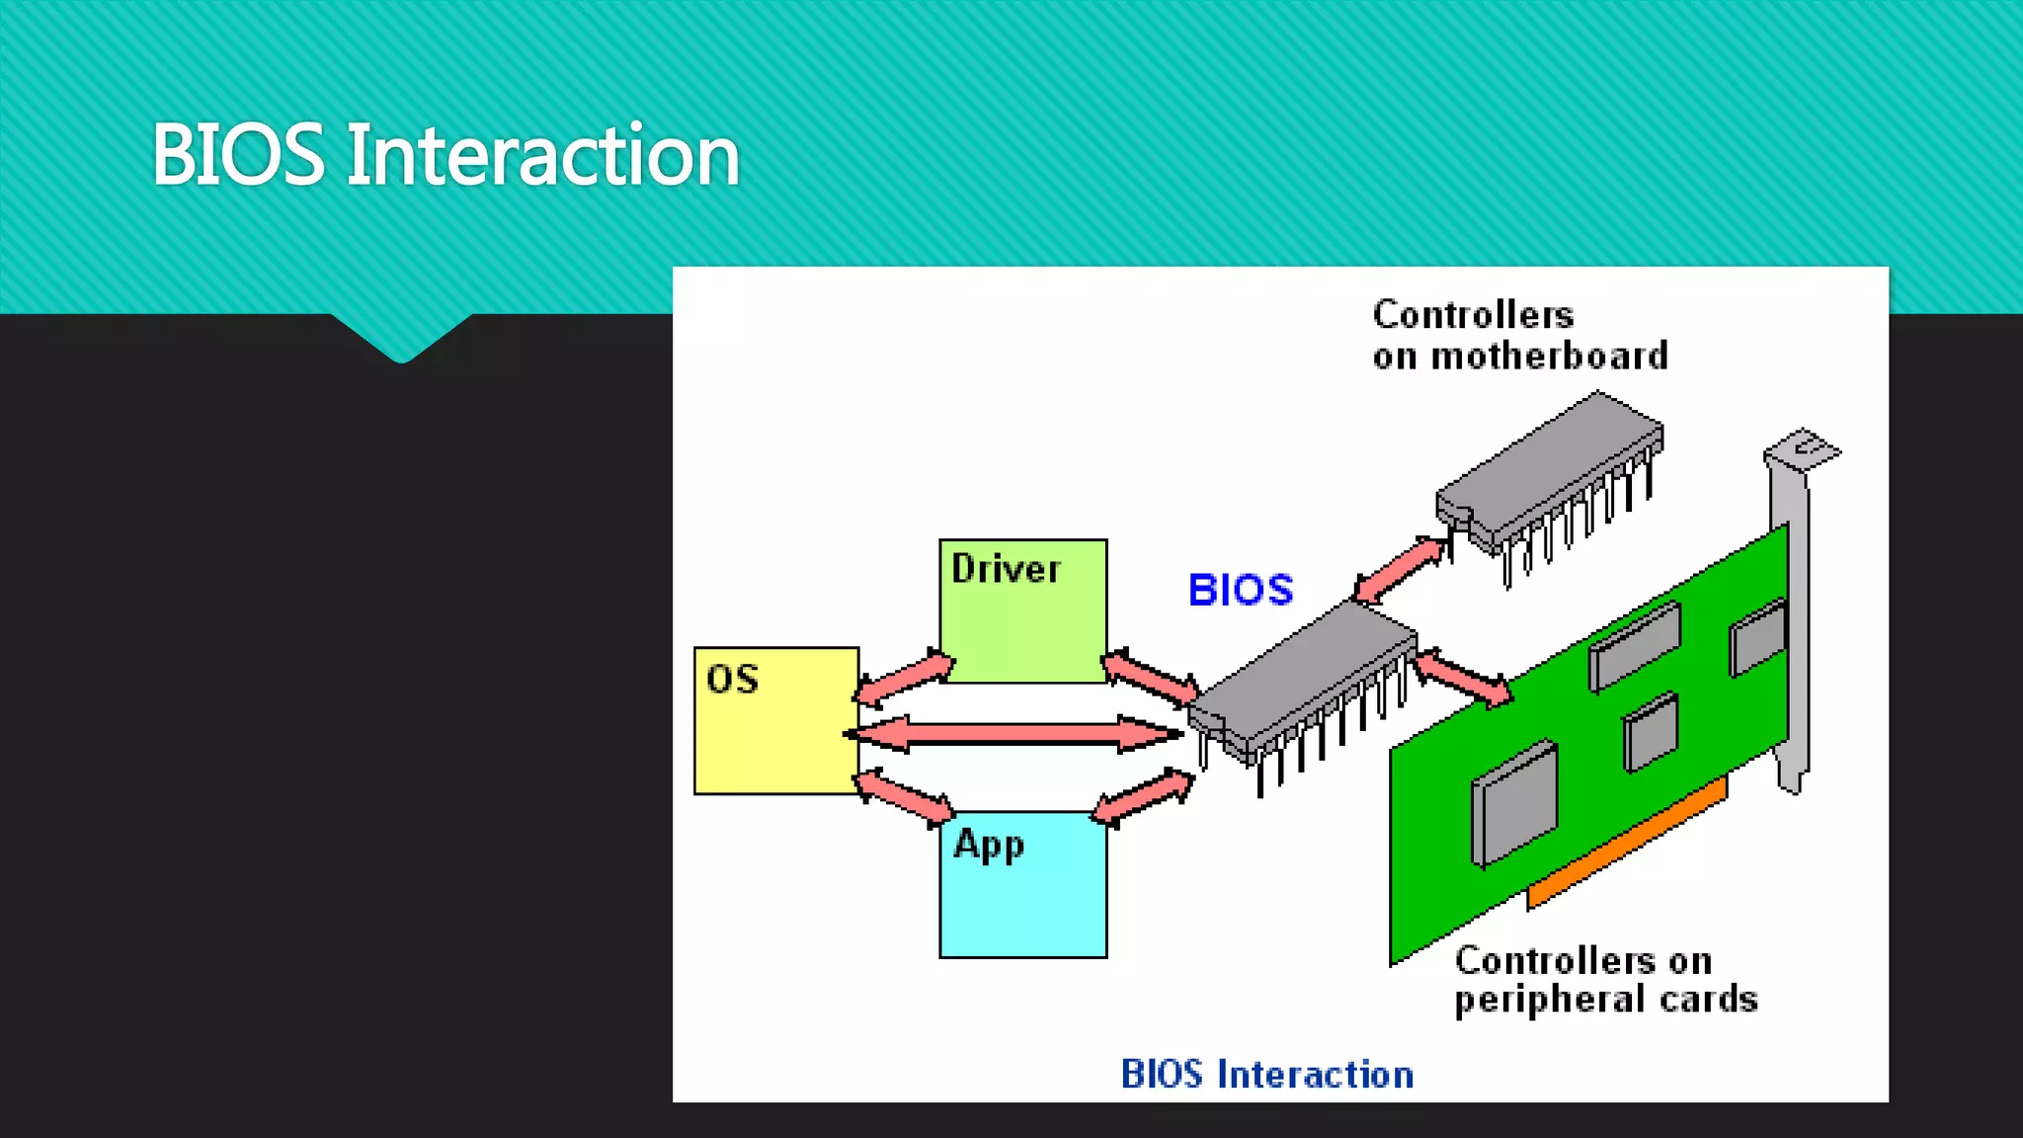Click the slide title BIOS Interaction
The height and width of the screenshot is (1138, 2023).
(x=445, y=155)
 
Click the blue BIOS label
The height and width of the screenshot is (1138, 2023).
(x=1240, y=590)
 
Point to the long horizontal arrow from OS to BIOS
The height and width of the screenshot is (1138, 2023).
(x=1012, y=734)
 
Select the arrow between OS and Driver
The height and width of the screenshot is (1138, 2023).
(x=904, y=678)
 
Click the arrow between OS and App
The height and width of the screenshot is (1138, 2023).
(x=904, y=797)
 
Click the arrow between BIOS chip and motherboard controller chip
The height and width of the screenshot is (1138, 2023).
(x=1400, y=570)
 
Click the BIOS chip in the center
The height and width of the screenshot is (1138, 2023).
(x=1304, y=682)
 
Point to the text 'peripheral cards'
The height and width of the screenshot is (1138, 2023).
(x=1605, y=999)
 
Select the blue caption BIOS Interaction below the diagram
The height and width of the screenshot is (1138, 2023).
(x=1266, y=1074)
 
